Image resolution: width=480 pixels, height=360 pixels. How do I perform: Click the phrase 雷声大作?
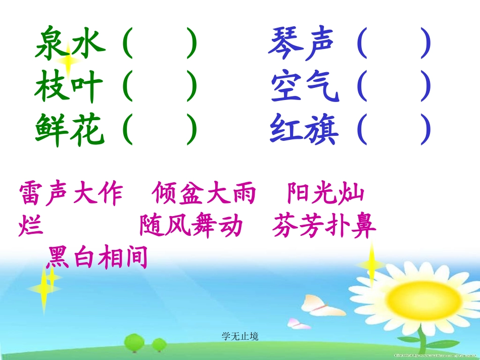point(71,193)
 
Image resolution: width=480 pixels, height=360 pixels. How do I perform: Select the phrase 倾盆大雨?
point(204,193)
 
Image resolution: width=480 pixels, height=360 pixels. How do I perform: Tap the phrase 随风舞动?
point(191,226)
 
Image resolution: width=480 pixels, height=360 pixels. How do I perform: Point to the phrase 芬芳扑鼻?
point(324,226)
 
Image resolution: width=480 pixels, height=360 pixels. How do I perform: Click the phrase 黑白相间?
point(97,257)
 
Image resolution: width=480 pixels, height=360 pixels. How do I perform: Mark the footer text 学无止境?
point(239,336)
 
